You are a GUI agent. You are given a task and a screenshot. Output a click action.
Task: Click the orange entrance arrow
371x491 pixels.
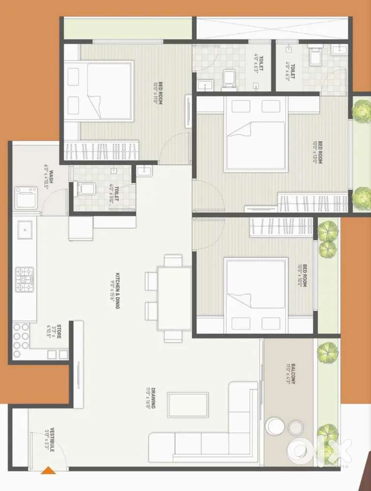click(48, 470)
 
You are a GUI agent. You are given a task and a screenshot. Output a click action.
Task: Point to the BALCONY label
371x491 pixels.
click(290, 374)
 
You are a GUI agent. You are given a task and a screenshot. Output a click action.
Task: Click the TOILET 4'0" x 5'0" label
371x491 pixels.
click(114, 190)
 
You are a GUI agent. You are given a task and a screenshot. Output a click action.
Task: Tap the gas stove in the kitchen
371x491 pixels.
click(25, 279)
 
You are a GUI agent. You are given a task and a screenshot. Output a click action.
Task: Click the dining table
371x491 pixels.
click(174, 298)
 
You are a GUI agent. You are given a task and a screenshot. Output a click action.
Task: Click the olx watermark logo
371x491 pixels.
click(320, 449)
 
